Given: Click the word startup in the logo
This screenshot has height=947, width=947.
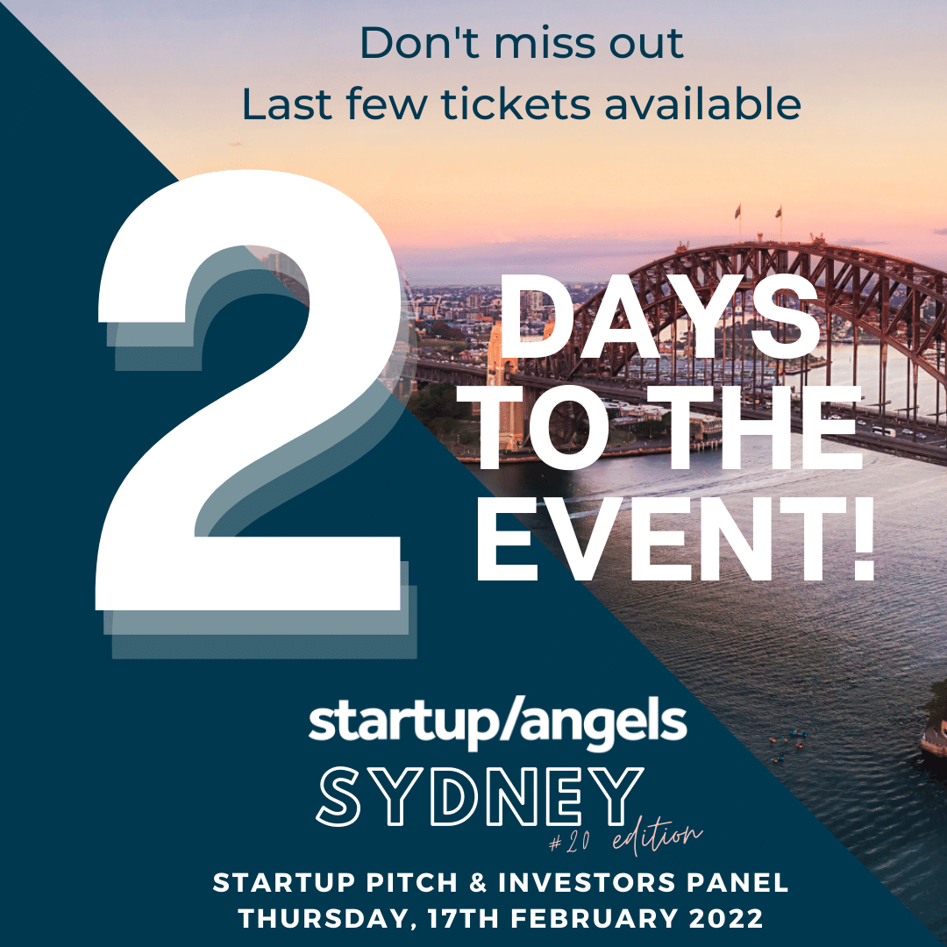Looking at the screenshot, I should [x=387, y=724].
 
